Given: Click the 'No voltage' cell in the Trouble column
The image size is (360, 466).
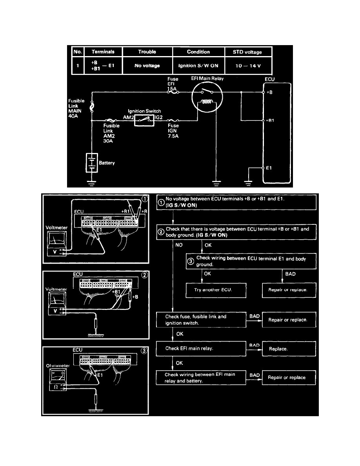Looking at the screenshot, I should point(147,66).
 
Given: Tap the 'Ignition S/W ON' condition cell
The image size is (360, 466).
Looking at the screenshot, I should point(198,66).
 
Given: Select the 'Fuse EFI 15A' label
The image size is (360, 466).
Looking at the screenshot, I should point(173,84).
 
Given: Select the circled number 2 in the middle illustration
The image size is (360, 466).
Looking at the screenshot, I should point(144,275).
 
